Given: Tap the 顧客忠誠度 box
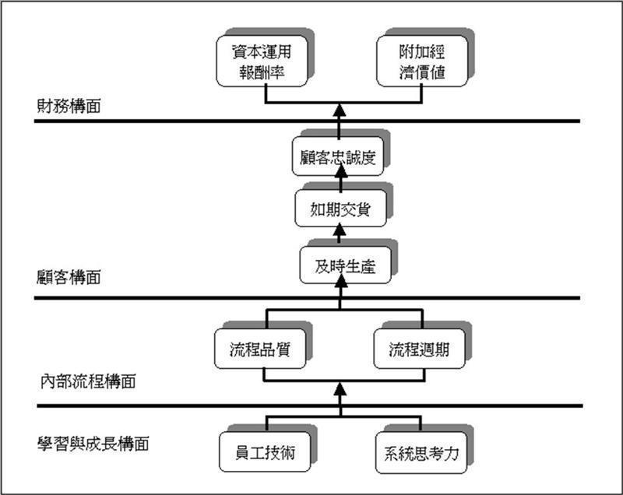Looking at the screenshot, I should (x=339, y=156).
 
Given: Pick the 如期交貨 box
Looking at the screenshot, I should (x=339, y=209).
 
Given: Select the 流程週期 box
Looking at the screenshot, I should (x=419, y=349).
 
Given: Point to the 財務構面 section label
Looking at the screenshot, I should (x=69, y=107).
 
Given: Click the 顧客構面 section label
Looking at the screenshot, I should (x=69, y=277).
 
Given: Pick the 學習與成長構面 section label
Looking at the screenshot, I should (x=93, y=444).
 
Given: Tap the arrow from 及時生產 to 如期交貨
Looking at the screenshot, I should (x=340, y=233).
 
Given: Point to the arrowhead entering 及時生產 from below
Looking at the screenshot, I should (x=340, y=287).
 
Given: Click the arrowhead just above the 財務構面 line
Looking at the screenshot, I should (x=340, y=109).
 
